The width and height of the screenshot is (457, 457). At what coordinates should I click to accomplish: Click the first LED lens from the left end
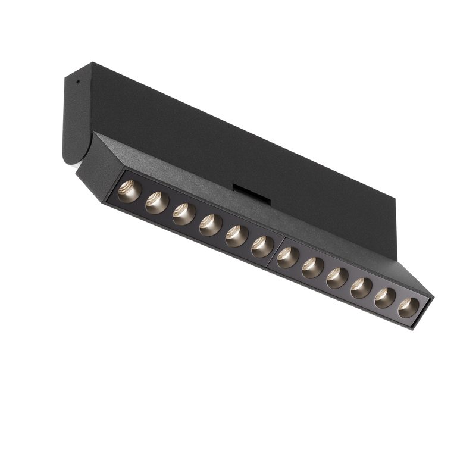click(x=129, y=191)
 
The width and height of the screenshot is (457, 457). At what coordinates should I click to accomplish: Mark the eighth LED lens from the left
click(x=312, y=268)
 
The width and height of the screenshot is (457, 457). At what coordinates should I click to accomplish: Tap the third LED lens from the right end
click(x=361, y=288)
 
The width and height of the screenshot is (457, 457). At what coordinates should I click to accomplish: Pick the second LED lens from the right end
click(x=385, y=298)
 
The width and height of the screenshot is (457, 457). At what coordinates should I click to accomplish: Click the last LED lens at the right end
click(x=408, y=308)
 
